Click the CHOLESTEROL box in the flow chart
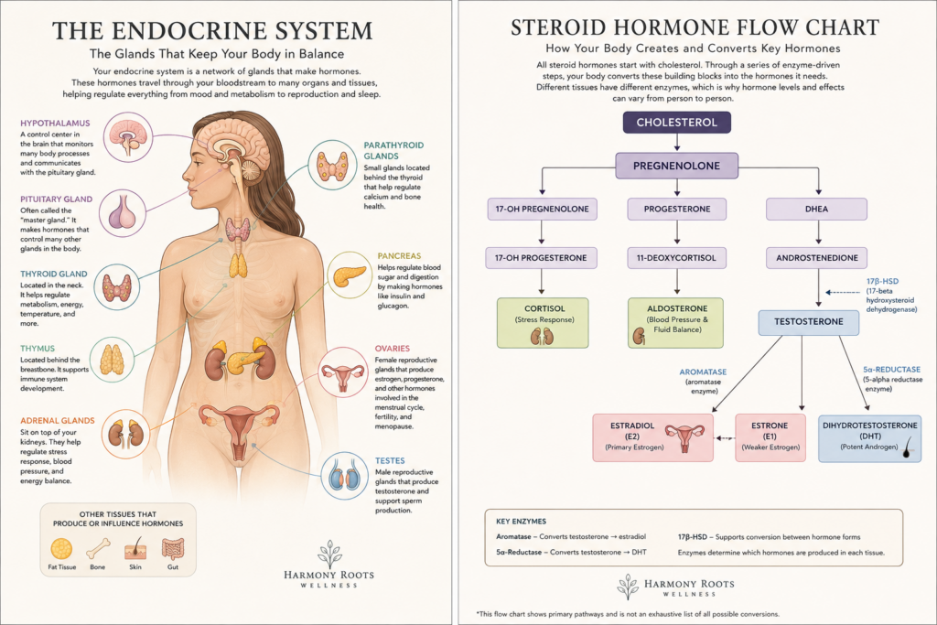pos(676,123)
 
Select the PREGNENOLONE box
pos(676,166)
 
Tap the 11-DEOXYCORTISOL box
pos(676,258)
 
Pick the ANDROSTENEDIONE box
pos(816,258)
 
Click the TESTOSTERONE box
pos(809,322)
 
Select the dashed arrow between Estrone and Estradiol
pos(725,438)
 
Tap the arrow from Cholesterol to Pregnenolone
pos(676,142)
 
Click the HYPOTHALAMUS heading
pos(55,124)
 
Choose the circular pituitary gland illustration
pos(123,213)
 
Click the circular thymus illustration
pos(113,360)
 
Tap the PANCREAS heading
pos(399,255)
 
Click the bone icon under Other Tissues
pos(98,548)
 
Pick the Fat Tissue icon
pos(61,548)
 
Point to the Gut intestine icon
pos(173,548)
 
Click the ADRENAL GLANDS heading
pos(58,421)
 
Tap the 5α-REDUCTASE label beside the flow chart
pos(891,370)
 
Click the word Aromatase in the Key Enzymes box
pos(513,536)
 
